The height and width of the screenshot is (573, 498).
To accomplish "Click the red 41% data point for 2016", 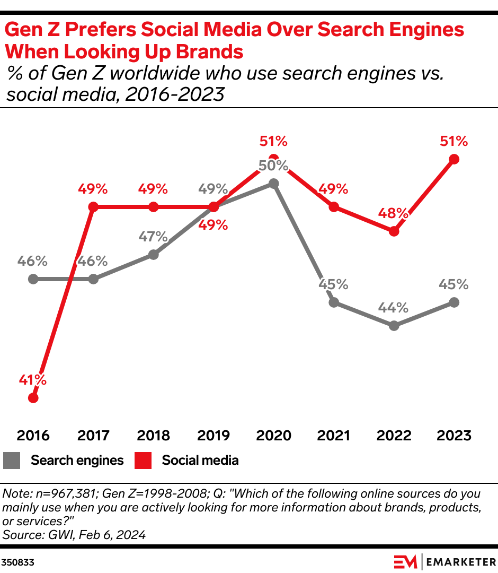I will [x=33, y=397].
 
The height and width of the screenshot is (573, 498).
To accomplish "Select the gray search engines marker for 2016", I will [x=33, y=279].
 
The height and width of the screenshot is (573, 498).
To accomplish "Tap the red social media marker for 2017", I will [x=93, y=207].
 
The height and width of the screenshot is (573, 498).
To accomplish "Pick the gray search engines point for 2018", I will [x=153, y=255].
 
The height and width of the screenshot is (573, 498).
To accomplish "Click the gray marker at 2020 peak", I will [x=273, y=183].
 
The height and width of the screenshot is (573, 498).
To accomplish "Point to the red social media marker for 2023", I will [x=453, y=159].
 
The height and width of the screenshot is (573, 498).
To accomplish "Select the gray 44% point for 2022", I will [x=394, y=326].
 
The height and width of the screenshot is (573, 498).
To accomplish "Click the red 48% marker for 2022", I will [x=394, y=231].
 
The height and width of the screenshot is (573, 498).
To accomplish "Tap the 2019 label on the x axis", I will [x=214, y=436].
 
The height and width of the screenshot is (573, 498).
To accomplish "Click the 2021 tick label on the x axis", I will [x=334, y=436].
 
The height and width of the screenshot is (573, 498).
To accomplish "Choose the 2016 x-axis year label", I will [x=33, y=436].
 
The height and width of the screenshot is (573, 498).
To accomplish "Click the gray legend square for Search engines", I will [x=12, y=461].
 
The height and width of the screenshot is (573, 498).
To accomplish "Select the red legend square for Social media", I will [x=142, y=461].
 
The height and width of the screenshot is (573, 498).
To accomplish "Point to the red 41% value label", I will [x=33, y=380].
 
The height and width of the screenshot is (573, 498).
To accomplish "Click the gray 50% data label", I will [x=273, y=165].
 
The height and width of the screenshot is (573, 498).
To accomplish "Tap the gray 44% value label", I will [x=394, y=308].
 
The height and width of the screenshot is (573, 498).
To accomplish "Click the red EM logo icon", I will [x=405, y=561].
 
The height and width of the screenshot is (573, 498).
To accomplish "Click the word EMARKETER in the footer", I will [x=460, y=561].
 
